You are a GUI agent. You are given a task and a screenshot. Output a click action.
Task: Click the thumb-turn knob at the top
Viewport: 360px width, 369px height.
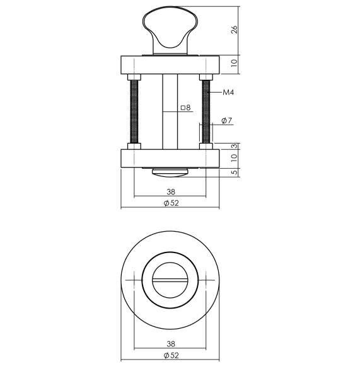pyautogui.click(x=170, y=28)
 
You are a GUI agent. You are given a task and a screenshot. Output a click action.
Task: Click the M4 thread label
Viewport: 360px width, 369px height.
pyautogui.click(x=229, y=93)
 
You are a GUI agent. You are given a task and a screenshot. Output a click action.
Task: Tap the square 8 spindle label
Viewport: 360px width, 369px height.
pyautogui.click(x=186, y=108)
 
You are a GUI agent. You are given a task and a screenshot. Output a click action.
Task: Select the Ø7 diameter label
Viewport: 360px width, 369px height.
pyautogui.click(x=228, y=121)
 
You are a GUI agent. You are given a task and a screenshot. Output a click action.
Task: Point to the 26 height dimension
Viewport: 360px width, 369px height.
pyautogui.click(x=235, y=30)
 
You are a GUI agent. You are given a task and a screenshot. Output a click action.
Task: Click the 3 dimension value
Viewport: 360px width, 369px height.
pyautogui.click(x=235, y=145)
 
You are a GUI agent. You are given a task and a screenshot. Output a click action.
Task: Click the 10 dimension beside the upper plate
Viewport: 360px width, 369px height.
pyautogui.click(x=235, y=64)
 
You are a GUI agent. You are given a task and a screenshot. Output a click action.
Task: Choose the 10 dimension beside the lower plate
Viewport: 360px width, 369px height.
pyautogui.click(x=235, y=158)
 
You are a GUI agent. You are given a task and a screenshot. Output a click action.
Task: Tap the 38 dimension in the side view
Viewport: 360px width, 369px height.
pyautogui.click(x=170, y=192)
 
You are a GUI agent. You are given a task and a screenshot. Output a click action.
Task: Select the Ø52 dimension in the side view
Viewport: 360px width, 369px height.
pyautogui.click(x=170, y=203)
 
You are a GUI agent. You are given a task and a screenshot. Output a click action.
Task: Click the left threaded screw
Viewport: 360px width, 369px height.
pyautogui.click(x=134, y=110)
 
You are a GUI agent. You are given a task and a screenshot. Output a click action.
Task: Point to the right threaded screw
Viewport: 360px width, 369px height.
pyautogui.click(x=206, y=110)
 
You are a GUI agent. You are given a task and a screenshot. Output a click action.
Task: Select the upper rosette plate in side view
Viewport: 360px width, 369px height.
pyautogui.click(x=170, y=65)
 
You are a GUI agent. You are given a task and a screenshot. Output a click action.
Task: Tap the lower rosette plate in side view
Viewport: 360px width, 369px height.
pyautogui.click(x=170, y=158)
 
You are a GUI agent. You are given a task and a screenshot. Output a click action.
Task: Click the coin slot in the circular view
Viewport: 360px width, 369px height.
pyautogui.click(x=170, y=278)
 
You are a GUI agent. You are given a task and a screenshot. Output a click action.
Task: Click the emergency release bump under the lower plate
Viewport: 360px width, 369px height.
pyautogui.click(x=170, y=171)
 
